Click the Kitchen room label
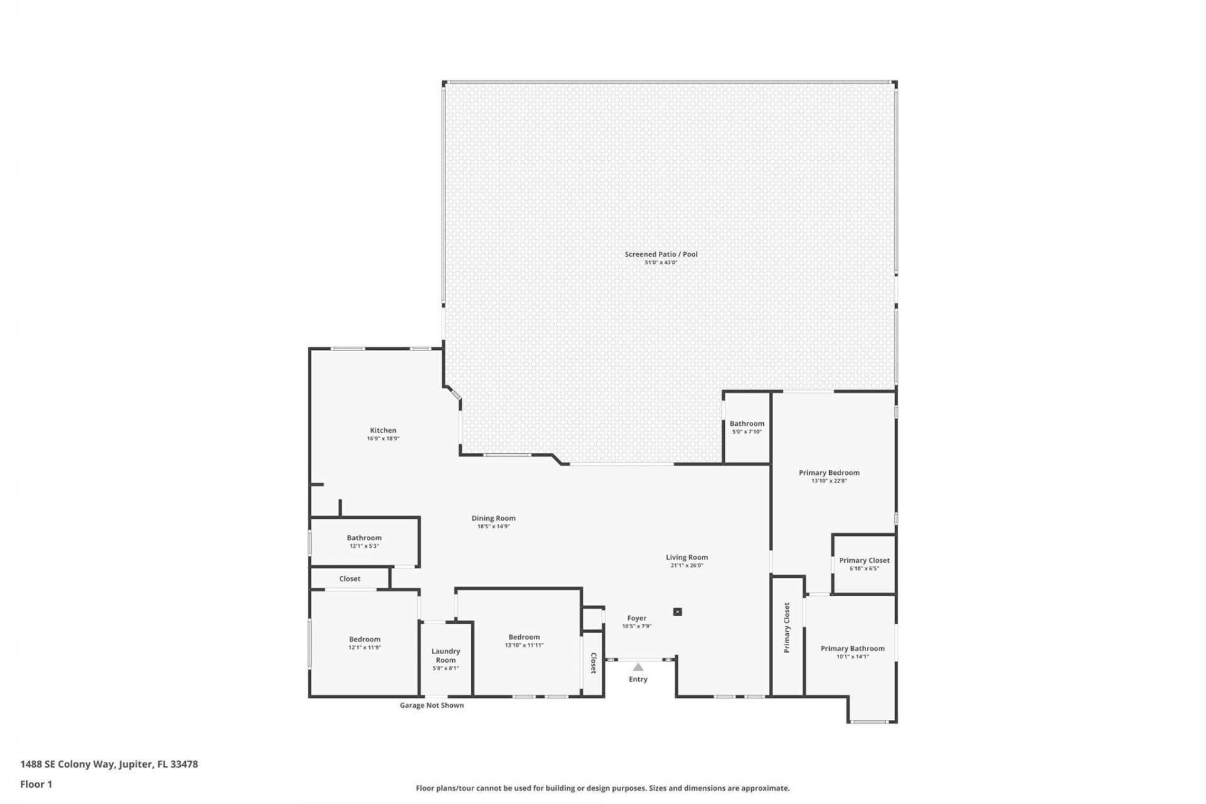[383, 430]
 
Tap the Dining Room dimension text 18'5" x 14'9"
[493, 526]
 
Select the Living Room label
[687, 557]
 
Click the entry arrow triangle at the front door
[638, 667]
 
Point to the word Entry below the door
[638, 679]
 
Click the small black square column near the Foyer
[677, 612]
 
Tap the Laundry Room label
[445, 655]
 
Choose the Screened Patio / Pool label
[661, 254]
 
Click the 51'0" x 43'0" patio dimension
[661, 263]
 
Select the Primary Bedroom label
[829, 472]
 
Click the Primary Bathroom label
[852, 648]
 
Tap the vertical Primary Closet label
[787, 627]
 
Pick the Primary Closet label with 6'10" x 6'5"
[864, 560]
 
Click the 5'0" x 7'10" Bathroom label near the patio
[747, 423]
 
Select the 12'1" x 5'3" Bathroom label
[364, 538]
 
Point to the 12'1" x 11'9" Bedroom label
[364, 639]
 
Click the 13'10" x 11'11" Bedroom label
[524, 637]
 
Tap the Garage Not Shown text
[432, 705]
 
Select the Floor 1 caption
[36, 784]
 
